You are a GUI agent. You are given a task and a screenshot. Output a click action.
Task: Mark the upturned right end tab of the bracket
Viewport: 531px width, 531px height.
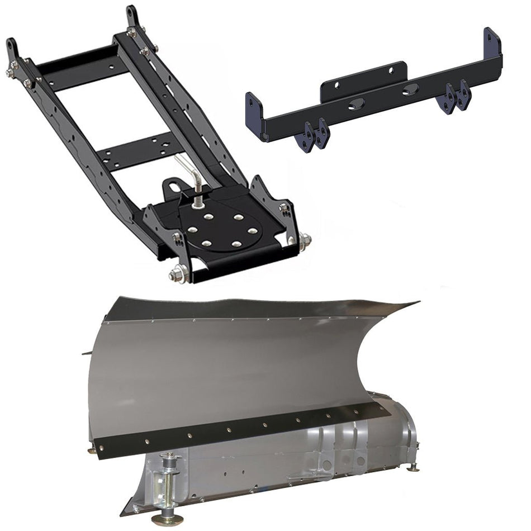coord(492,42)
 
